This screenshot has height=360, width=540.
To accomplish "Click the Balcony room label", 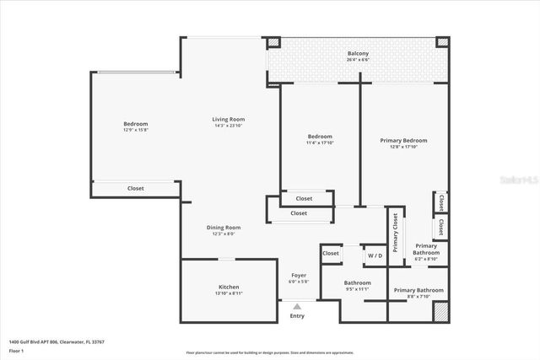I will (x=358, y=53).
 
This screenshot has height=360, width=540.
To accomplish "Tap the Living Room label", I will (x=228, y=119).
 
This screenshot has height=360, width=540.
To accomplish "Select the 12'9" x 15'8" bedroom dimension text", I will (x=135, y=130).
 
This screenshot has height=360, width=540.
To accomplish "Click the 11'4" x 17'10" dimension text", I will (x=320, y=142).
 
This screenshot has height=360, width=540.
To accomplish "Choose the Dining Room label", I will (x=224, y=227).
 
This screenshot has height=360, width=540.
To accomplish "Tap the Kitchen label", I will (x=229, y=287).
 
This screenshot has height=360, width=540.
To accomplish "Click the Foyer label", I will (x=299, y=275).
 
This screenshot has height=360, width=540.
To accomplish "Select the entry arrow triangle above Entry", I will (x=296, y=306).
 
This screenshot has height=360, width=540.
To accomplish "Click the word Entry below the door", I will (x=297, y=316).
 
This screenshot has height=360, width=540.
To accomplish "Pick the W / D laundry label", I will (x=374, y=254).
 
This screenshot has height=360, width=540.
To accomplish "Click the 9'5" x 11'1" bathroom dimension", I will (x=358, y=288).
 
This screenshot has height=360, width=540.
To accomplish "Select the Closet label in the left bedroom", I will (x=136, y=189).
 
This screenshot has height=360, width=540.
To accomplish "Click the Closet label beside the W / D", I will (x=331, y=253).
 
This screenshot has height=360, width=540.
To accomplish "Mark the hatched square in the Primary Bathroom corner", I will (x=440, y=311).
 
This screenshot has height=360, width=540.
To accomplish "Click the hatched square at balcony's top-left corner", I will (x=274, y=42).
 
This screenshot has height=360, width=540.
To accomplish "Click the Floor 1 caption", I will (x=15, y=350).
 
